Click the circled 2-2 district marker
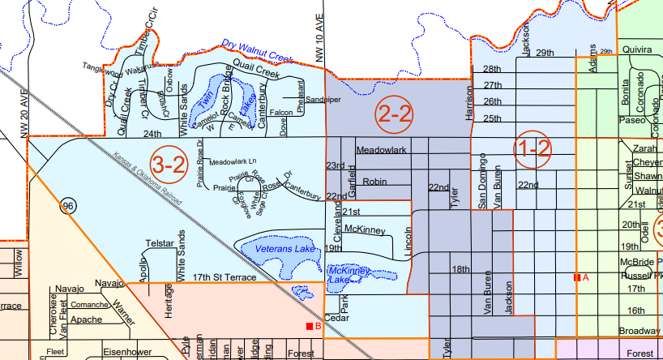pos(395,115)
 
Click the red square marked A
pos(576,278)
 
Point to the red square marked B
pos(309,326)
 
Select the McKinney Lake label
pos(354,275)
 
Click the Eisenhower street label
pos(128,352)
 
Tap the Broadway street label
pos(639,331)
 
